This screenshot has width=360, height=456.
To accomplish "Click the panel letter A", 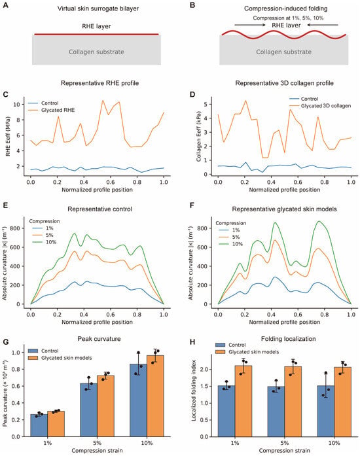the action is pyautogui.click(x=5, y=5).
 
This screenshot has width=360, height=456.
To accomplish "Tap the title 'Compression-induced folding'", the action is pyautogui.click(x=286, y=9).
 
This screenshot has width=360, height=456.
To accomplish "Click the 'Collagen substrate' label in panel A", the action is pyautogui.click(x=96, y=52).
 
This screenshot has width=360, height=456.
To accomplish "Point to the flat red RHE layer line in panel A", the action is pyautogui.click(x=97, y=34).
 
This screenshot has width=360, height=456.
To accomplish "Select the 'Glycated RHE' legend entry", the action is pyautogui.click(x=58, y=110).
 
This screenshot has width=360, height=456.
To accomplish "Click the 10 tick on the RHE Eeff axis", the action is pyautogui.click(x=18, y=105).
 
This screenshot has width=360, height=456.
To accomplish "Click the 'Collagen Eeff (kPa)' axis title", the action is pyautogui.click(x=198, y=136).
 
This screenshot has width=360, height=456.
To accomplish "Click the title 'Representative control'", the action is pyautogui.click(x=99, y=209).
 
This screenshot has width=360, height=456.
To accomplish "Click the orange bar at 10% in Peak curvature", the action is pyautogui.click(x=155, y=396).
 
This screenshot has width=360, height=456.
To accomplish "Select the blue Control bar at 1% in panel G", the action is pyautogui.click(x=39, y=425).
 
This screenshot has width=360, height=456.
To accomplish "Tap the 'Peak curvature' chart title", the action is pyautogui.click(x=99, y=339).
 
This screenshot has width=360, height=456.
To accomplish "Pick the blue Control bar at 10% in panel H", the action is pyautogui.click(x=326, y=411).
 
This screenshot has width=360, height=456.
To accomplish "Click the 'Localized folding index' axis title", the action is pyautogui.click(x=194, y=391).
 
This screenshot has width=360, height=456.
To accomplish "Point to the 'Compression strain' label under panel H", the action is pyautogui.click(x=284, y=451).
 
